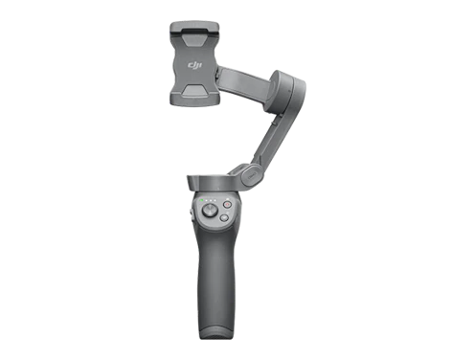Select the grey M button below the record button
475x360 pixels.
223,218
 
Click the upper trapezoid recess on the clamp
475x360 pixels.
198,43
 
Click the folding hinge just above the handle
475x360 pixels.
246,175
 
